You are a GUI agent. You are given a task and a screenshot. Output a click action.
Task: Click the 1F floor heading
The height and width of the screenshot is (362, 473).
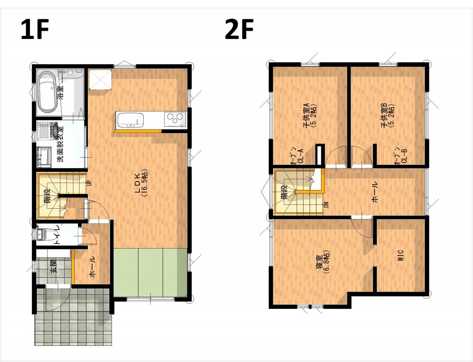[35, 29]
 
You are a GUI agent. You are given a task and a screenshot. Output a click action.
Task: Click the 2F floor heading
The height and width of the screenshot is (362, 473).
[239, 29]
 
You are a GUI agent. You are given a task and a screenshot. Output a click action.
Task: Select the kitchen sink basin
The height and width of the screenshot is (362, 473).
[130, 121]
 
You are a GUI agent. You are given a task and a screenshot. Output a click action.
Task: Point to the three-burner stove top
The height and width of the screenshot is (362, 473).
[175, 119]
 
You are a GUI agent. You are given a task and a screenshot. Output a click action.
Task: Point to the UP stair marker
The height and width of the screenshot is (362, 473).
[89, 183]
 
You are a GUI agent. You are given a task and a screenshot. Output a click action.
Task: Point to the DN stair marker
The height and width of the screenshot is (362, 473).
[326, 204]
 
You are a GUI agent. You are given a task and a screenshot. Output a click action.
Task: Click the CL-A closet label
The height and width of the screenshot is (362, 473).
[297, 155]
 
